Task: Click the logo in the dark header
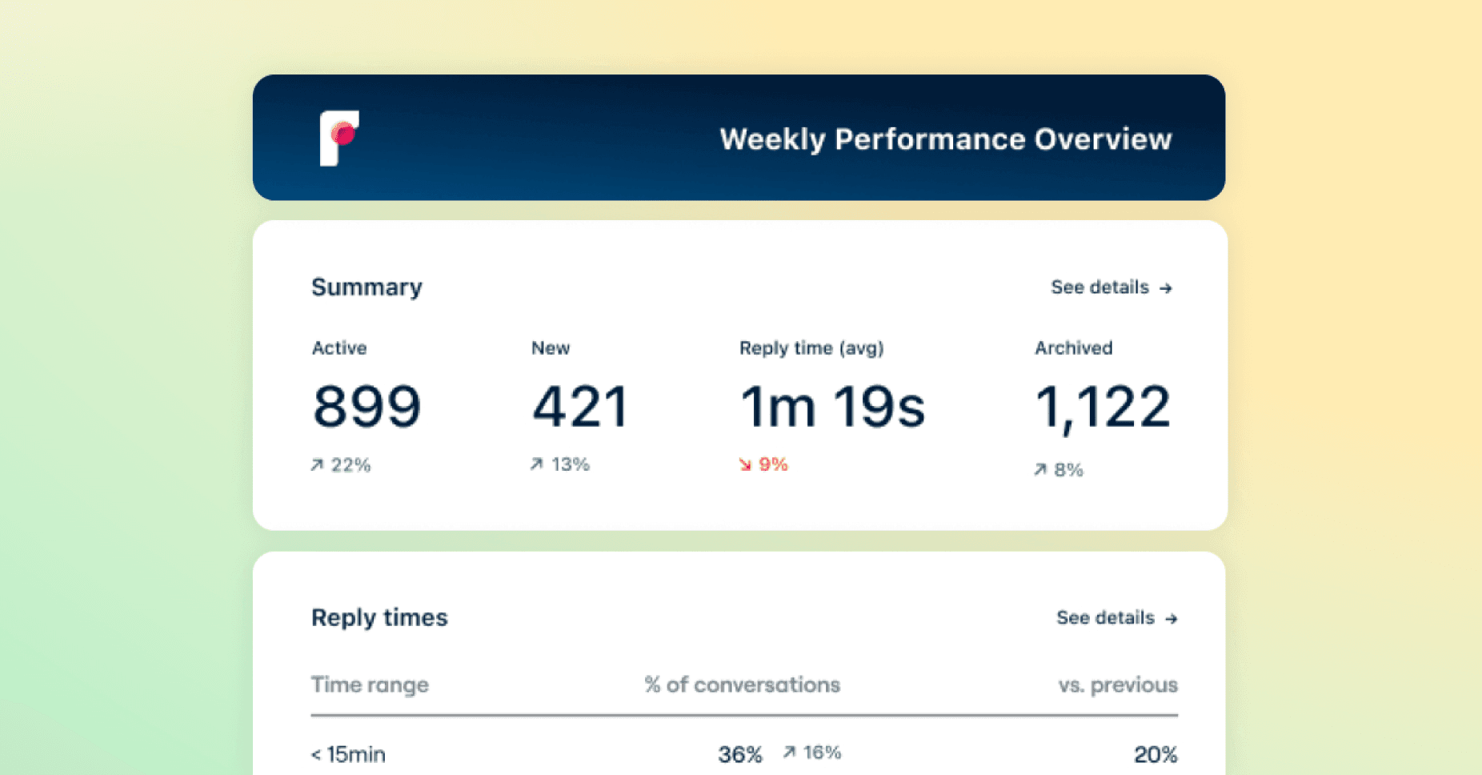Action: [x=339, y=138]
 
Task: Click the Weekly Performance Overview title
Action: [x=945, y=139]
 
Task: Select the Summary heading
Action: [x=366, y=287]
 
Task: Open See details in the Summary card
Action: [x=1111, y=287]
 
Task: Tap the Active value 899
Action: [x=366, y=407]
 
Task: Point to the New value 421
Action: [x=580, y=407]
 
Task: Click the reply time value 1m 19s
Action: [x=832, y=407]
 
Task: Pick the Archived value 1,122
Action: [x=1103, y=408]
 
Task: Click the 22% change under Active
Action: [x=341, y=465]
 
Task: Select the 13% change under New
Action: [x=560, y=464]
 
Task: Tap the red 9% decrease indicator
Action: [x=763, y=464]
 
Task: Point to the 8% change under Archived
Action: [x=1059, y=470]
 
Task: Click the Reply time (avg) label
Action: [x=811, y=348]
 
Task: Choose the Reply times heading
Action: [x=379, y=617]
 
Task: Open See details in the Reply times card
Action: [x=1116, y=618]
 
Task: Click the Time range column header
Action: [x=370, y=685]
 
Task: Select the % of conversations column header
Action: [x=742, y=685]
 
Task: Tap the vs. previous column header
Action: [x=1117, y=685]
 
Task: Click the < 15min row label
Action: [x=348, y=754]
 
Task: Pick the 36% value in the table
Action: [x=739, y=754]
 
